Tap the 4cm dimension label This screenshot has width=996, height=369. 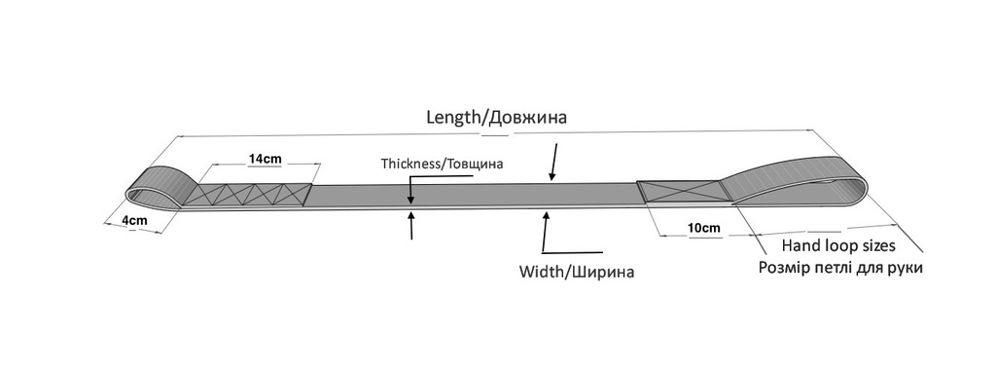tap(134, 221)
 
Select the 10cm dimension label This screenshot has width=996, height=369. tap(703, 229)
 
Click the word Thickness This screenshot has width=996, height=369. tap(410, 163)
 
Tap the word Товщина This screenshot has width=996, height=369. tap(476, 163)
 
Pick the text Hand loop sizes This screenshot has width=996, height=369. tap(838, 247)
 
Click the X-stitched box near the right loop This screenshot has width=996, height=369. tap(681, 189)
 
